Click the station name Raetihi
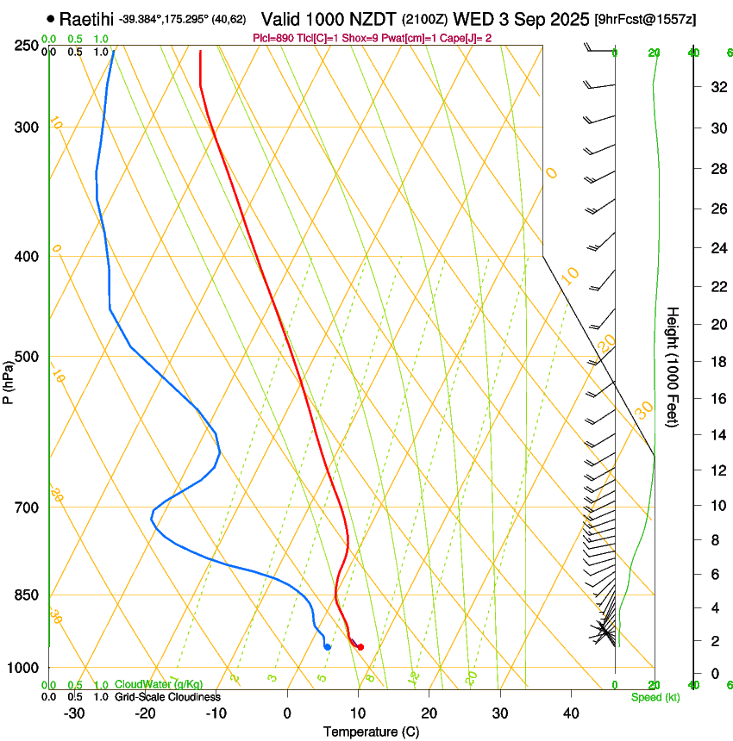click(86, 18)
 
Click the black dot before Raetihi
click(52, 18)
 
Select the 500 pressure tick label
click(26, 357)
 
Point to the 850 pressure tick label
click(26, 595)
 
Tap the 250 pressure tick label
click(26, 46)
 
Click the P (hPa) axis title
click(9, 378)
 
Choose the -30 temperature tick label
click(74, 713)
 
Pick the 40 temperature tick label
click(570, 713)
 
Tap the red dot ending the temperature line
click(360, 647)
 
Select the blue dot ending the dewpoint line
click(327, 647)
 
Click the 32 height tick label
click(715, 87)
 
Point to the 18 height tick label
click(715, 362)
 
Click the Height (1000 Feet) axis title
click(673, 366)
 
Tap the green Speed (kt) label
click(655, 697)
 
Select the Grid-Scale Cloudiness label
click(167, 696)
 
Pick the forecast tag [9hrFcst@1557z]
click(646, 19)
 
